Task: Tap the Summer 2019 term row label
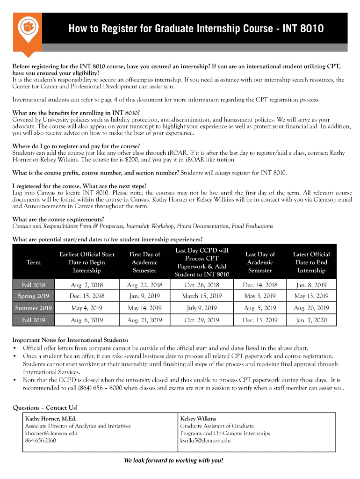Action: [x=34, y=308]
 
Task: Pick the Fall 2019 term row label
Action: [x=34, y=320]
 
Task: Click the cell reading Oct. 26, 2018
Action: [x=202, y=284]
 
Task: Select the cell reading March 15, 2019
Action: [x=202, y=296]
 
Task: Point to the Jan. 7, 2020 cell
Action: [x=311, y=320]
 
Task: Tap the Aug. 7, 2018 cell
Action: [x=87, y=284]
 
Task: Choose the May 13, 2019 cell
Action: [x=311, y=296]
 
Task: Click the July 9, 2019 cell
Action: [x=202, y=308]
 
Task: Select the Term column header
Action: [x=34, y=262]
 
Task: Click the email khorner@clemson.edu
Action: [x=51, y=433]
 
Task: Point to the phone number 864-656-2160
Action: [x=40, y=440]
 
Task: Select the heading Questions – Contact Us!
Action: [x=45, y=407]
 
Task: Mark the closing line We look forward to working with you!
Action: [x=173, y=460]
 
